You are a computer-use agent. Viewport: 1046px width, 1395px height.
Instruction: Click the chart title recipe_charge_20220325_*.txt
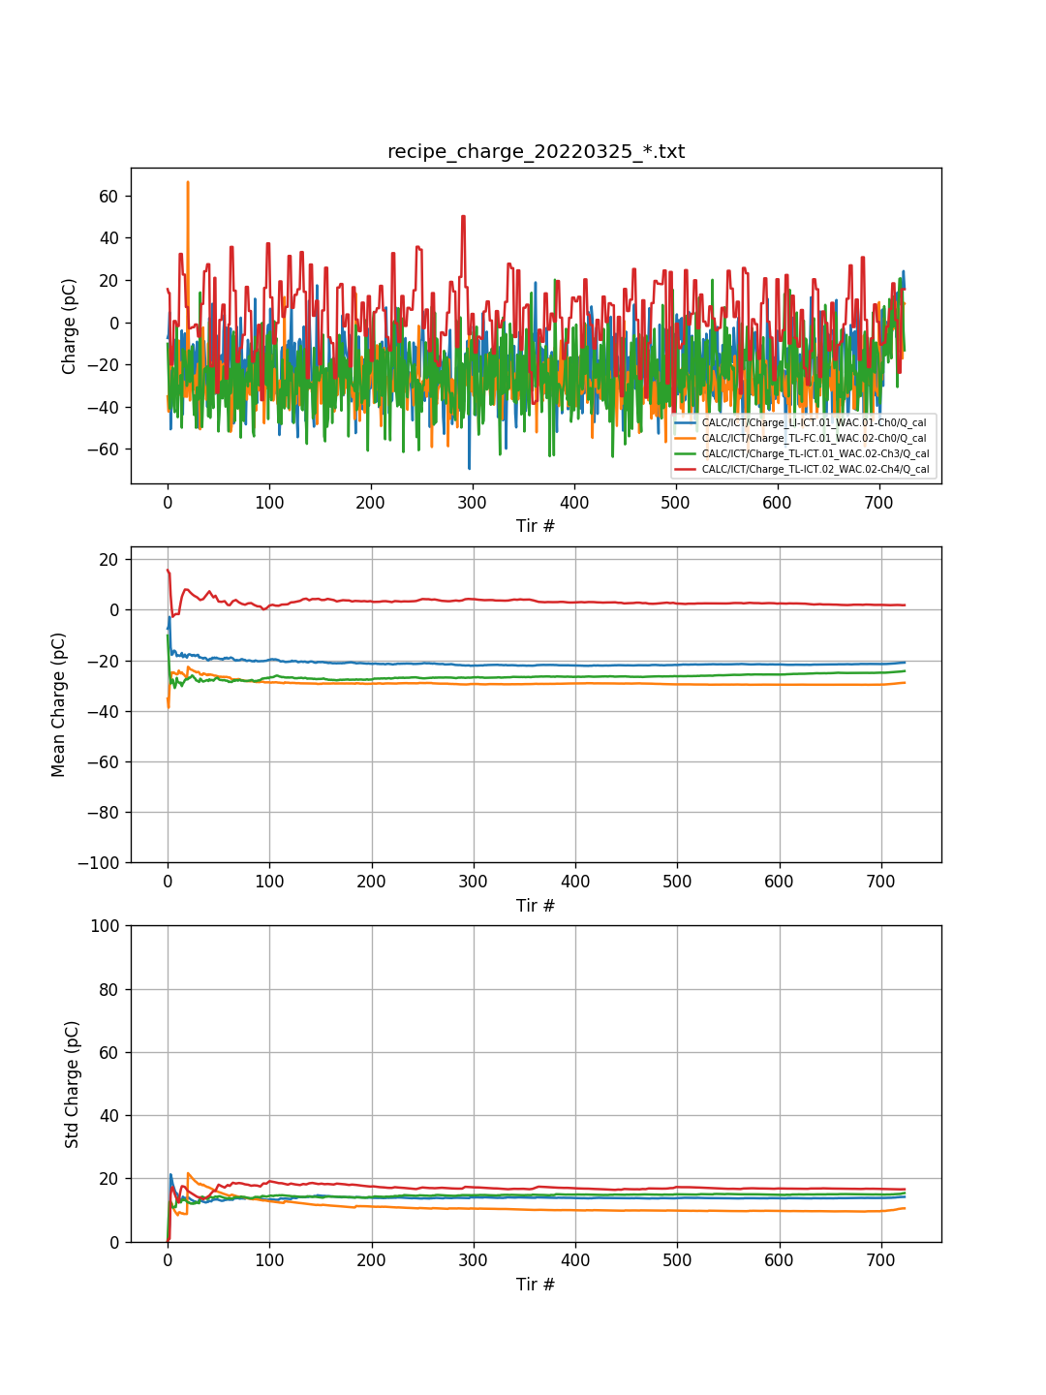pos(536,152)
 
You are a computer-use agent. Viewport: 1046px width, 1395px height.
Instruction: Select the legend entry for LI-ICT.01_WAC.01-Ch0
pos(814,422)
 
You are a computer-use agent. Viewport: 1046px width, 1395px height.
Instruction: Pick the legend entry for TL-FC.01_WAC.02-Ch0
pos(814,438)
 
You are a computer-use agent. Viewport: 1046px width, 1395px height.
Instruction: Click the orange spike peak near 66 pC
pos(188,182)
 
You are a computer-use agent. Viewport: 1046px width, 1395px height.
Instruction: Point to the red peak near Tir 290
pos(464,216)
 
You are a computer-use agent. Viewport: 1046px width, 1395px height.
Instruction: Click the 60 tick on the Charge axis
pos(108,196)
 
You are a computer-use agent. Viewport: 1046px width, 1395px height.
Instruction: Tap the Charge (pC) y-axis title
pos(70,326)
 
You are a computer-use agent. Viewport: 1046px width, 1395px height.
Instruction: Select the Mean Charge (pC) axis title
pos(59,704)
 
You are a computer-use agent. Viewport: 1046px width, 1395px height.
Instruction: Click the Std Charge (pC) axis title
pos(73,1084)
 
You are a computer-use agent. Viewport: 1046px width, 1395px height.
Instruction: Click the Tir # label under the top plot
pos(536,526)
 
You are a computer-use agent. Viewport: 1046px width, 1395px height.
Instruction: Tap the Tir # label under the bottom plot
pos(536,1285)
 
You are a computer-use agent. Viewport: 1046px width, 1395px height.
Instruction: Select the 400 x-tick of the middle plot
pos(575,882)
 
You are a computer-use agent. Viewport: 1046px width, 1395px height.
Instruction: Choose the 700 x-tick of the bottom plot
pos(881,1260)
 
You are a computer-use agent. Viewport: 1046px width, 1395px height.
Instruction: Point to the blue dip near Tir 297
pos(470,469)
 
